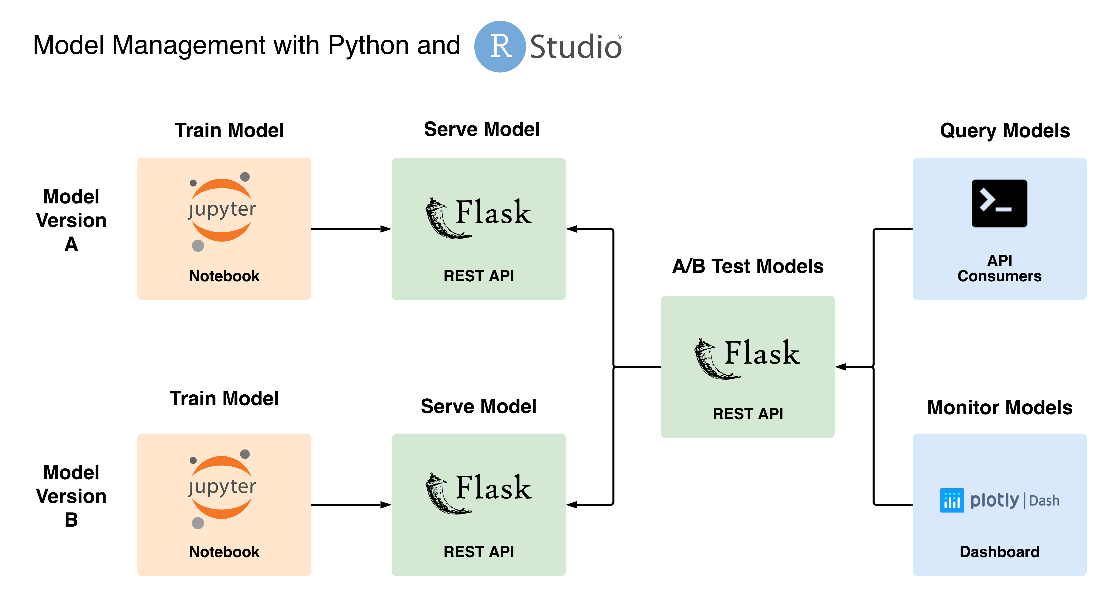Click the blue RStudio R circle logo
pyautogui.click(x=500, y=46)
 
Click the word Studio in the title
pyautogui.click(x=575, y=46)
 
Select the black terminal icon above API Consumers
pyautogui.click(x=1000, y=204)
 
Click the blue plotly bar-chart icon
pyautogui.click(x=952, y=500)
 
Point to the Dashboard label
pyautogui.click(x=1000, y=552)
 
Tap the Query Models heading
pyautogui.click(x=1005, y=131)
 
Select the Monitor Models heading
pyautogui.click(x=1000, y=407)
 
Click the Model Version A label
pyautogui.click(x=71, y=220)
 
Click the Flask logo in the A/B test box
pyautogui.click(x=747, y=358)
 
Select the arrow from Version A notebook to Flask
pyautogui.click(x=351, y=229)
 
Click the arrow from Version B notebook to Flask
pyautogui.click(x=351, y=505)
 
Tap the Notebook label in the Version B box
pyautogui.click(x=224, y=552)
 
